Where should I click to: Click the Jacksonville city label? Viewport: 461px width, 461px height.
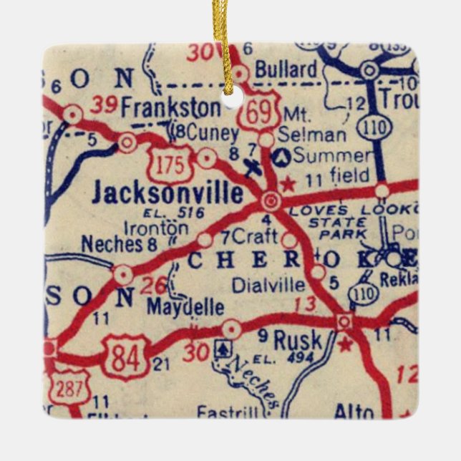pyautogui.click(x=168, y=192)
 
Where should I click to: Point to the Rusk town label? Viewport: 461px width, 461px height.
pyautogui.click(x=298, y=338)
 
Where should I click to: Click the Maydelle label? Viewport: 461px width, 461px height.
pyautogui.click(x=185, y=308)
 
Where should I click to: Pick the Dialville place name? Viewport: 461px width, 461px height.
pyautogui.click(x=268, y=284)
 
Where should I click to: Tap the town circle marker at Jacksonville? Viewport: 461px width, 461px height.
pyautogui.click(x=271, y=200)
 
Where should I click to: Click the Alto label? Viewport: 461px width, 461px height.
pyautogui.click(x=354, y=412)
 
